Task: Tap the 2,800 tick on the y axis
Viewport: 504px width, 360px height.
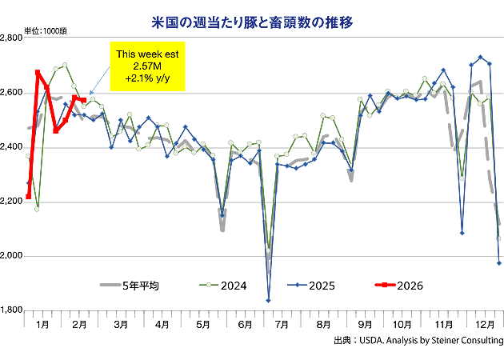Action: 12,38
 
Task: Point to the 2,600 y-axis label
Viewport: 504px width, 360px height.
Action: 12,93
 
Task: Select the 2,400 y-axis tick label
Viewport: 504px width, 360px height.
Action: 12,147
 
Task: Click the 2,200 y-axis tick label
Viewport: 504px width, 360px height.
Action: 12,202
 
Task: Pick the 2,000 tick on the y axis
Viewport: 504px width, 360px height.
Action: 12,256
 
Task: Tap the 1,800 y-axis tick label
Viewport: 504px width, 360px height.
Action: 12,310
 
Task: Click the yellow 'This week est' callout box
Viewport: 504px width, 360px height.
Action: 146,66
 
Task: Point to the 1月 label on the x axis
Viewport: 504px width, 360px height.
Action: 43,326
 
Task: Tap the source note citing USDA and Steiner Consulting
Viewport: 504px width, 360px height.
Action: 418,341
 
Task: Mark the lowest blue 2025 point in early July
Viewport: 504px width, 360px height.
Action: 268,300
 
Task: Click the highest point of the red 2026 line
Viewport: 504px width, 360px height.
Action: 38,72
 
